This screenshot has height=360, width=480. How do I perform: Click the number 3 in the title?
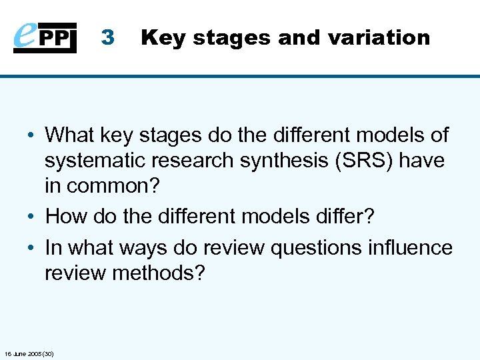pos(108,38)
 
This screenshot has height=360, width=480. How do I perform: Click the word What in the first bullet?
pos(70,135)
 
